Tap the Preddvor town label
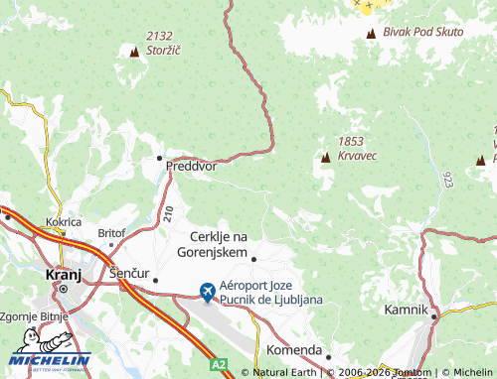(192, 167)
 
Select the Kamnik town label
(406, 311)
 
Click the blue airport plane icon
(207, 292)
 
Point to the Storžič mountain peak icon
(134, 51)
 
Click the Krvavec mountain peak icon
(325, 157)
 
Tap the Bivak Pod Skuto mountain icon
(372, 34)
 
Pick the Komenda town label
(294, 351)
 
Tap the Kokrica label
(64, 223)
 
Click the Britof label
(110, 233)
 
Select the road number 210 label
(167, 212)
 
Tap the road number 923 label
(448, 179)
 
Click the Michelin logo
(52, 363)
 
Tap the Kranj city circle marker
(62, 289)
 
